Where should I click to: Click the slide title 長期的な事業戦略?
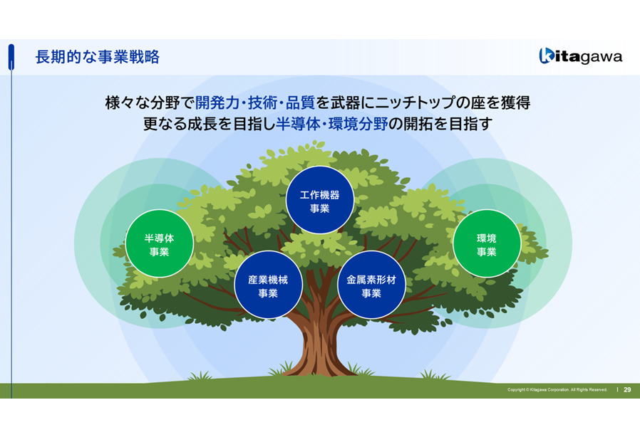pos(97,57)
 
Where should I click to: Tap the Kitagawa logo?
pos(580,56)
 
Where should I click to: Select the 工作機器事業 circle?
pos(319,200)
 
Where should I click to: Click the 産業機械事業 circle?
pos(268,285)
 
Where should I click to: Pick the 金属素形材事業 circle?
pos(371,285)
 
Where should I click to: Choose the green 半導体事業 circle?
pos(159,243)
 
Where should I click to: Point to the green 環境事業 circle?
pos(487,243)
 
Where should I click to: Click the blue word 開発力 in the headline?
pos(217,102)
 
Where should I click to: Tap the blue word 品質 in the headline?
pos(300,102)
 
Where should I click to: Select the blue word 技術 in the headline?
pos(262,102)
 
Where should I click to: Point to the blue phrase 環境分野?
pos(358,124)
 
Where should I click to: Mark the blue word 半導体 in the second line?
pos(298,124)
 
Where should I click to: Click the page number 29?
pos(627,390)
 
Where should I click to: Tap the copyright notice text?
pos(557,390)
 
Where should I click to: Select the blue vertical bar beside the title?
pos(11,57)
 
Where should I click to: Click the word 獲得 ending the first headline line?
pos(515,102)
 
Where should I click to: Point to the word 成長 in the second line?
pos(202,124)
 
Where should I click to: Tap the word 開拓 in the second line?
pos(418,124)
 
